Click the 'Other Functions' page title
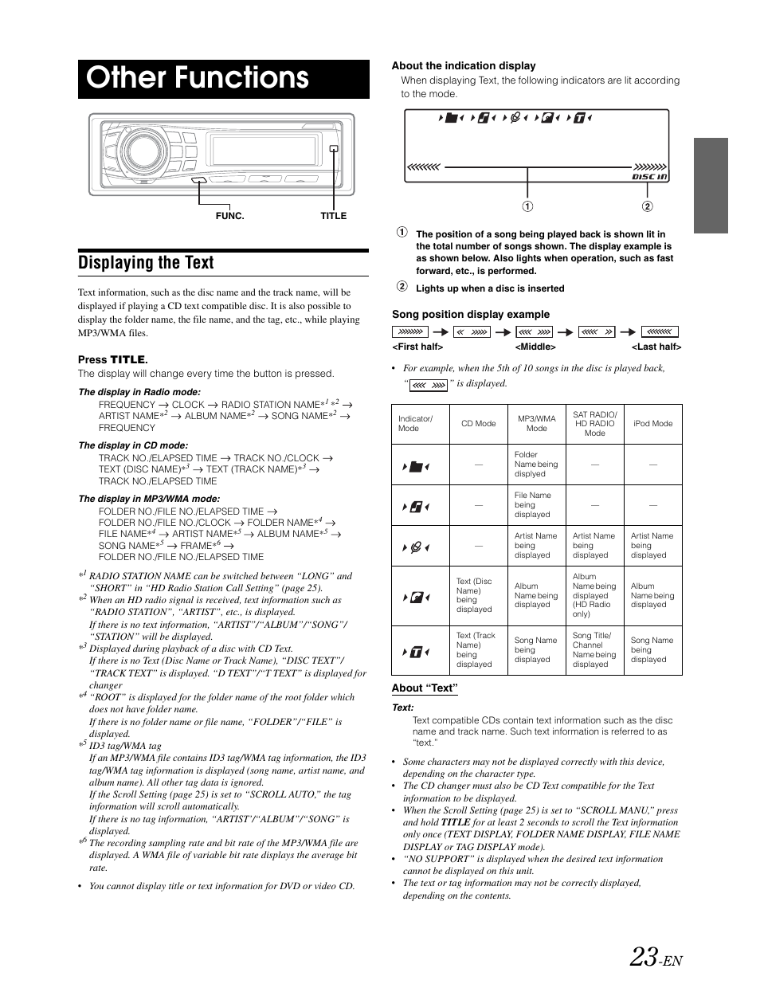click(198, 78)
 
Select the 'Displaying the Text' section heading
click(146, 263)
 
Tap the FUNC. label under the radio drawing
click(229, 216)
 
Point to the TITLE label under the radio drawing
click(333, 216)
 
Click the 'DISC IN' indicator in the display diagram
click(649, 177)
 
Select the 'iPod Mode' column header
click(652, 424)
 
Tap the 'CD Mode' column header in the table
click(478, 424)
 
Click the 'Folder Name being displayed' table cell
click(536, 465)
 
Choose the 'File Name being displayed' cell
click(532, 505)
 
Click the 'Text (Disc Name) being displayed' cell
click(474, 596)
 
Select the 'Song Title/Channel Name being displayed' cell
click(594, 650)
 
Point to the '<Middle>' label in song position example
click(535, 347)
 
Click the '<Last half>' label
click(656, 347)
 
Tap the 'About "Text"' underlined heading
click(424, 688)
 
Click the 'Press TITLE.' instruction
click(112, 360)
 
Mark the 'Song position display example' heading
click(470, 315)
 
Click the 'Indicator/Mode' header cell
click(416, 424)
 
